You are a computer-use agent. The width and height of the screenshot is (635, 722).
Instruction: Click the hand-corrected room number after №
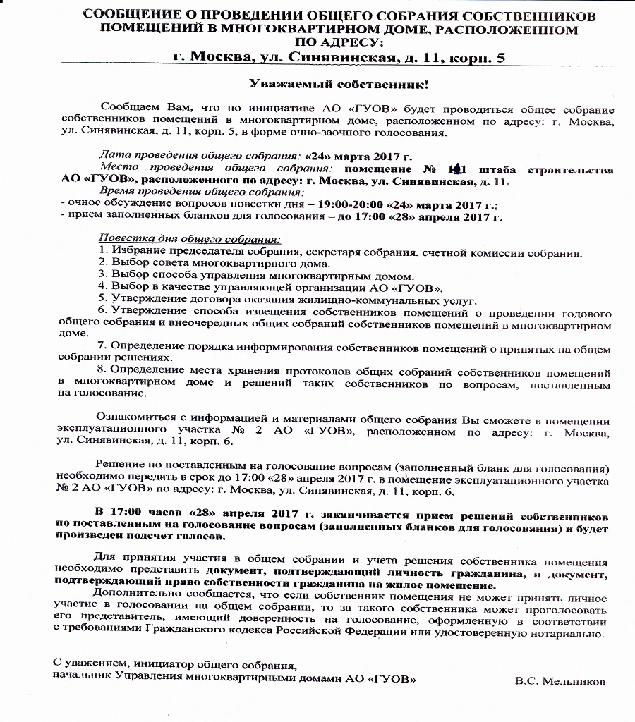pyautogui.click(x=458, y=169)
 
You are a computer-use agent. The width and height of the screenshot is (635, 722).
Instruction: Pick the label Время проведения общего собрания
pyautogui.click(x=201, y=192)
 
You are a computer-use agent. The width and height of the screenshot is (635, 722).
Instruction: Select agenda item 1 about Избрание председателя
pyautogui.click(x=340, y=252)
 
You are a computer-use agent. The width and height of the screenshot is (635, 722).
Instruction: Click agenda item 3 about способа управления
pyautogui.click(x=257, y=276)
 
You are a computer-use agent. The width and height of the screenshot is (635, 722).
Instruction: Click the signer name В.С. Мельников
pyautogui.click(x=560, y=681)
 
